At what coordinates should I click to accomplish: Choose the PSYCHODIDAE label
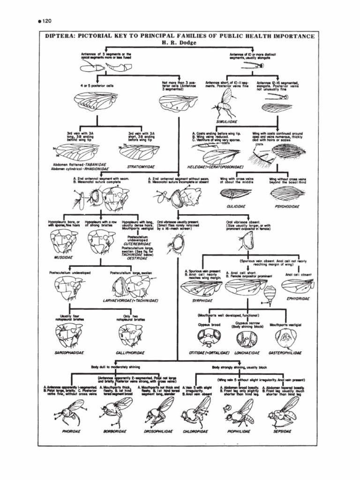point(287,205)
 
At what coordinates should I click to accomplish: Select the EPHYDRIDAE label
point(295,298)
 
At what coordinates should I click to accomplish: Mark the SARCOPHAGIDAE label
point(69,352)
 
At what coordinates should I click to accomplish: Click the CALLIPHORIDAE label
point(130,352)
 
